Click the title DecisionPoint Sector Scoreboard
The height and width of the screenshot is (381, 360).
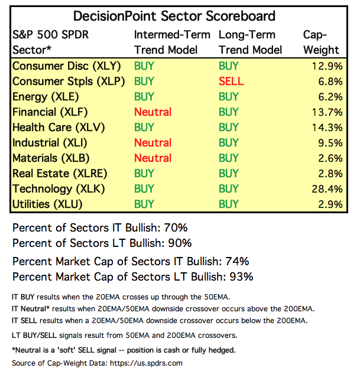pos(174,16)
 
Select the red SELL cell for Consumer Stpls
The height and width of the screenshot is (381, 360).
pos(231,81)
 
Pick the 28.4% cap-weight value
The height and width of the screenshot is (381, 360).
pos(326,188)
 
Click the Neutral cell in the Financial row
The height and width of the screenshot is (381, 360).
pos(153,112)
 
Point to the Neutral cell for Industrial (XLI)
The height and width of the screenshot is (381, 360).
pos(153,142)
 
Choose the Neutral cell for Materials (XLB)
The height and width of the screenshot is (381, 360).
pos(153,158)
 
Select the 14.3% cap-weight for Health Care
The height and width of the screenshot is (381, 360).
pos(326,127)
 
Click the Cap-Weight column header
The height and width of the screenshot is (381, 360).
pos(321,42)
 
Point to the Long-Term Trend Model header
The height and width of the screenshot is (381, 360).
pos(250,42)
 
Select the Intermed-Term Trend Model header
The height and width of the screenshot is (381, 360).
pos(172,42)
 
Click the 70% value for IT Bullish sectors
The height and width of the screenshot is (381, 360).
pos(180,227)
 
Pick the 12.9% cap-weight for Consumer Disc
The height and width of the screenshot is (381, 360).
pos(326,66)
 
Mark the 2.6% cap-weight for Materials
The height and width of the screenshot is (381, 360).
pos(329,158)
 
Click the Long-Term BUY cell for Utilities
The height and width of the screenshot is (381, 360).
pos(229,204)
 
